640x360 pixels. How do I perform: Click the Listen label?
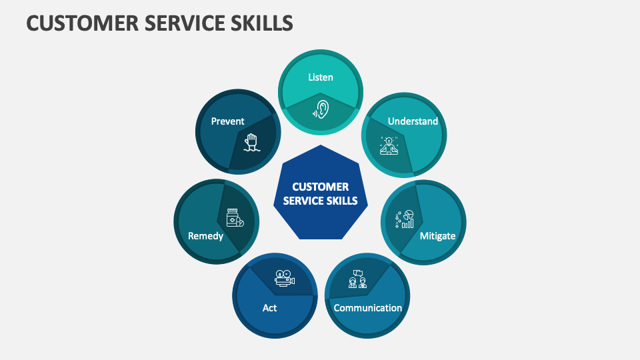pyautogui.click(x=321, y=77)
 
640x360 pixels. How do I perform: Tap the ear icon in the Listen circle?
pyautogui.click(x=321, y=109)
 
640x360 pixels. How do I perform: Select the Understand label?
pyautogui.click(x=413, y=121)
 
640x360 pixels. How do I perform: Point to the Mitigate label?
pyautogui.click(x=437, y=235)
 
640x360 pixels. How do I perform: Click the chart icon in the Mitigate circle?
pyautogui.click(x=405, y=219)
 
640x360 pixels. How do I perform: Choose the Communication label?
pyautogui.click(x=368, y=308)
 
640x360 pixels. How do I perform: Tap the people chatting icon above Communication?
pyautogui.click(x=357, y=279)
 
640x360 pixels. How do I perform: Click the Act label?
pyautogui.click(x=269, y=308)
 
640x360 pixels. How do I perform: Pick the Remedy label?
pyautogui.click(x=205, y=236)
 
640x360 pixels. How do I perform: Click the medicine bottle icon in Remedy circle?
pyautogui.click(x=235, y=219)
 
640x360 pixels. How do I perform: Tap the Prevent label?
pyautogui.click(x=227, y=121)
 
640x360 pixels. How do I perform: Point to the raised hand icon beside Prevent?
pyautogui.click(x=251, y=141)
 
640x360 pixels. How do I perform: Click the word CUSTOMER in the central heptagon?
pyautogui.click(x=321, y=187)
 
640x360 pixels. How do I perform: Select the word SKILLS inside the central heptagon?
pyautogui.click(x=342, y=201)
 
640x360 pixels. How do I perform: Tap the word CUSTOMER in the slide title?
pyautogui.click(x=73, y=23)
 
